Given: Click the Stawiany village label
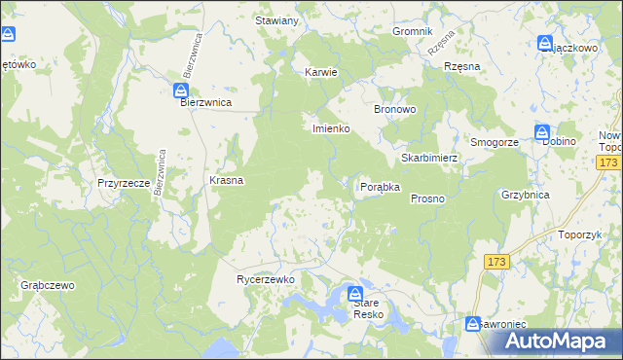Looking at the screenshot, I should coord(275,20).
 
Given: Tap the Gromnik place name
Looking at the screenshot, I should coord(412,31).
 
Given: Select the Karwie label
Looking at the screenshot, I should coord(320,72).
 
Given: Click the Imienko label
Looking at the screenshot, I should coord(330,128).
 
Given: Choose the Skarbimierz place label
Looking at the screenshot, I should coord(429,158).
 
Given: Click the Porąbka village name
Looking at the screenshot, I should coord(381,187).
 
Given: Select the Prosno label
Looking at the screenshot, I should coord(427,198).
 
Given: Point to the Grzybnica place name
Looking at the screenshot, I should coord(526,195).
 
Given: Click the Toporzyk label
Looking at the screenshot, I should coord(583,234).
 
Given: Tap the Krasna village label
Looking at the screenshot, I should coord(226,181).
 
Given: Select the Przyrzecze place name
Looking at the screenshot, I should coord(123,182).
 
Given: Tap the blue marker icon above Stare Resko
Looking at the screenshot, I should coord(356,293).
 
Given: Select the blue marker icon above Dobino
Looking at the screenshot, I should coord(542,132).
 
